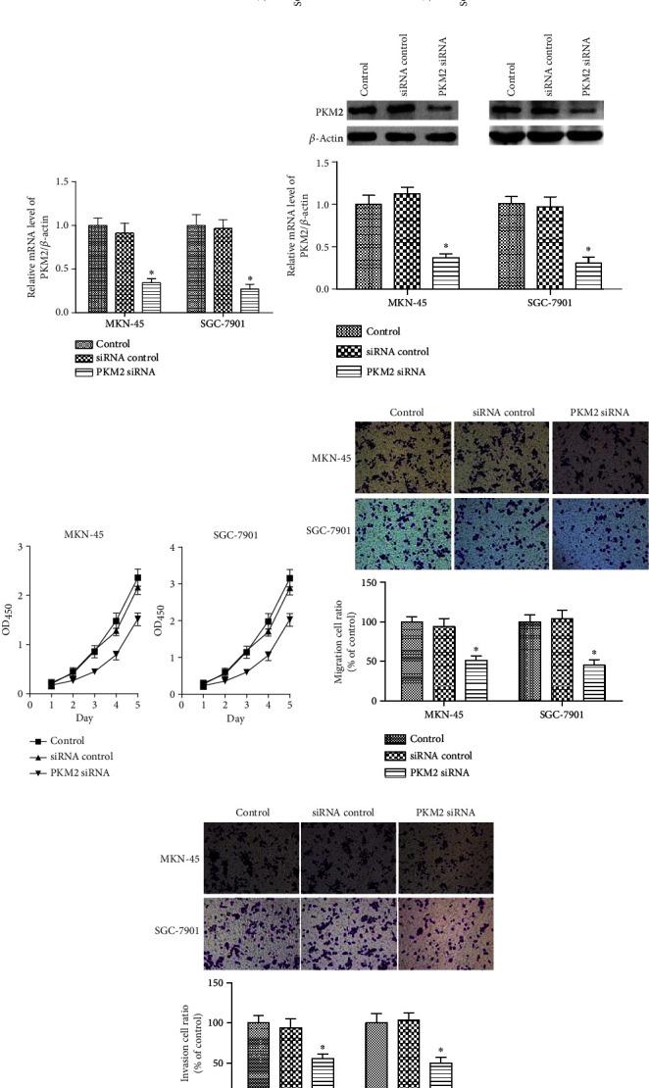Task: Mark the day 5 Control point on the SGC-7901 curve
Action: (x=289, y=578)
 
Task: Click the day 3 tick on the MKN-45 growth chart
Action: (x=94, y=704)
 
